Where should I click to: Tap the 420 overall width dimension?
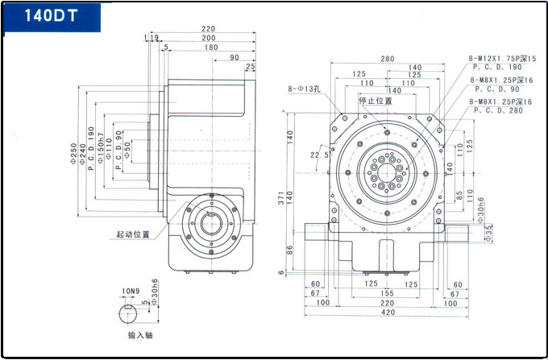click(x=389, y=312)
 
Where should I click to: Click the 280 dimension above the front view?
click(x=388, y=58)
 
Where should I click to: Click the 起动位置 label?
click(x=133, y=234)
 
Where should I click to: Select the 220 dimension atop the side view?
click(x=209, y=28)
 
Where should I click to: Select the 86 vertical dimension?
click(x=290, y=250)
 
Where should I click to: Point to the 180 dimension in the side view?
click(x=211, y=48)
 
